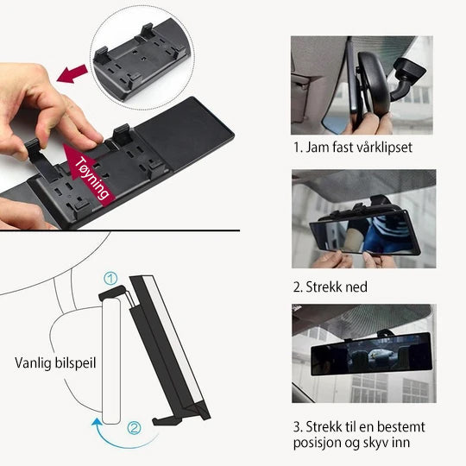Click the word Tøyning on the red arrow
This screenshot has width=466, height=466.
tap(91, 179)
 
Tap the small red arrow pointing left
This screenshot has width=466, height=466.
tap(72, 74)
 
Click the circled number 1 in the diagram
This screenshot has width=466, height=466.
tap(110, 279)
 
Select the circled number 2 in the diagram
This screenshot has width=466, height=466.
tap(134, 428)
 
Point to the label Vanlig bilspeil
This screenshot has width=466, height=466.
tap(55, 363)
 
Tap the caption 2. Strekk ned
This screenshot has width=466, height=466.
tap(330, 287)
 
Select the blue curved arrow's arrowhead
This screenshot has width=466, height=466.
tap(96, 422)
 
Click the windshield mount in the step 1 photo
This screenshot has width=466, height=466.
tap(408, 78)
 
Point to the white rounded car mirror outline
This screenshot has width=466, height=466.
tap(111, 362)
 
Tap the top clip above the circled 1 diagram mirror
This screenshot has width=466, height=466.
tap(112, 292)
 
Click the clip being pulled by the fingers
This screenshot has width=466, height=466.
tap(40, 160)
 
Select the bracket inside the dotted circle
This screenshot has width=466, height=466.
tap(140, 59)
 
